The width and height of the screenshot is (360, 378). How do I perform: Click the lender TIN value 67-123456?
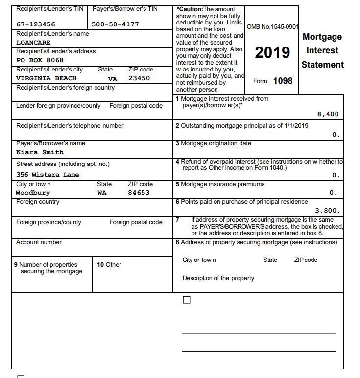[x=36, y=24]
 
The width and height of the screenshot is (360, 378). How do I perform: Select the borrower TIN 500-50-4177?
[x=115, y=24]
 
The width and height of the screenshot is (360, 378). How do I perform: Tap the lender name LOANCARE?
[x=33, y=43]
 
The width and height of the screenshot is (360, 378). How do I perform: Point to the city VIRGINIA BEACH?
[x=47, y=78]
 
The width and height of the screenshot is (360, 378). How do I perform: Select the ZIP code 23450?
[x=139, y=78]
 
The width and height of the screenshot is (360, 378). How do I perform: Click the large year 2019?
[x=272, y=53]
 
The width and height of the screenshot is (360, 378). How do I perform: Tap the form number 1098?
[x=283, y=81]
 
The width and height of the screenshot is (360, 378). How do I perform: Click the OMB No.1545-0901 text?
[x=272, y=26]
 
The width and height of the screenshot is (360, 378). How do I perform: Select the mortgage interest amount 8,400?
[x=328, y=114]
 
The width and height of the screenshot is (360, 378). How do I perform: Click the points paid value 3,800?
[x=327, y=211]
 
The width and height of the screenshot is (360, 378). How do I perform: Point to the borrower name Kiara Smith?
[x=40, y=152]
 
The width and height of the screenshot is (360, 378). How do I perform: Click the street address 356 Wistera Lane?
[x=48, y=175]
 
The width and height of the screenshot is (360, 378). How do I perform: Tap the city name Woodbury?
[x=33, y=193]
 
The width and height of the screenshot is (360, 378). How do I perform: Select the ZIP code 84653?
[x=139, y=193]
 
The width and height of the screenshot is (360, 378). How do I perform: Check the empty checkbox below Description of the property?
[x=187, y=300]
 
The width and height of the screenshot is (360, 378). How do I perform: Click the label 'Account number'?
[x=39, y=242]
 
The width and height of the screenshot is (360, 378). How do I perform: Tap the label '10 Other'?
[x=109, y=265]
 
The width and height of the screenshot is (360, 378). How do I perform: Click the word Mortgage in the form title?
[x=322, y=37]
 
